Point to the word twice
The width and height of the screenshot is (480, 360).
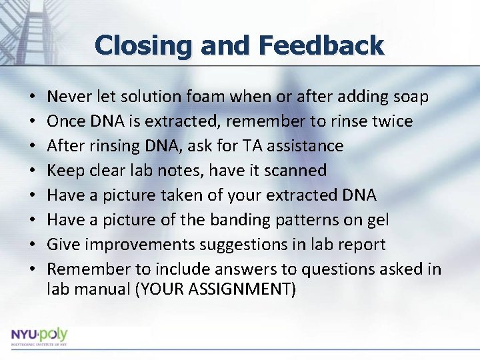click(389, 121)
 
